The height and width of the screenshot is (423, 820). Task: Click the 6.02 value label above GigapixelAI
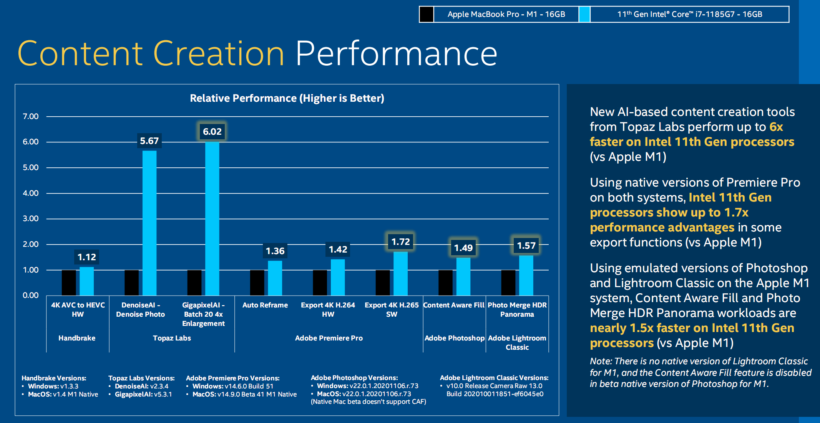212,132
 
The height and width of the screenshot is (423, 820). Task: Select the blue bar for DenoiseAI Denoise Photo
149,223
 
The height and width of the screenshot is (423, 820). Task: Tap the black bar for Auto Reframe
257,283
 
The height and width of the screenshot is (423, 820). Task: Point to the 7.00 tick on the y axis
31,116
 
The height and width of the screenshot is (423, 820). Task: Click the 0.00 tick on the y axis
31,295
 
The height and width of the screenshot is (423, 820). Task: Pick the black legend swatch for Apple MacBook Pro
427,14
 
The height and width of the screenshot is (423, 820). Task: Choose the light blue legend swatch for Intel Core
584,14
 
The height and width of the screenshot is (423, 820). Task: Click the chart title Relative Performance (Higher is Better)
287,98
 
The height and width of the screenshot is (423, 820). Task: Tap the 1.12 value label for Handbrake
87,257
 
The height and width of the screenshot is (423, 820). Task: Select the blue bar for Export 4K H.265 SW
400,273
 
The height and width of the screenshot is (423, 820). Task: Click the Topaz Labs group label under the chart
172,338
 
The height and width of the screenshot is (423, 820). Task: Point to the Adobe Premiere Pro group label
329,338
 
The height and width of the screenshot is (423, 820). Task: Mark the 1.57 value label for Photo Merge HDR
526,246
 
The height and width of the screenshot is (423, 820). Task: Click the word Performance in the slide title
396,54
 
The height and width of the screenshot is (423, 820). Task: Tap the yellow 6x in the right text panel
776,127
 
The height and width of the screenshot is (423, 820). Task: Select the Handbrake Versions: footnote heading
54,378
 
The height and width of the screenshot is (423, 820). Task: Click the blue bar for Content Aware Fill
463,276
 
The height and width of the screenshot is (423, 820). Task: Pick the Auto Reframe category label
265,305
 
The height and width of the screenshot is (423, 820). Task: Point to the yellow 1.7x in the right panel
736,212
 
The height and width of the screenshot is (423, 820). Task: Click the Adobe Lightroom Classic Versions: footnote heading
494,378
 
